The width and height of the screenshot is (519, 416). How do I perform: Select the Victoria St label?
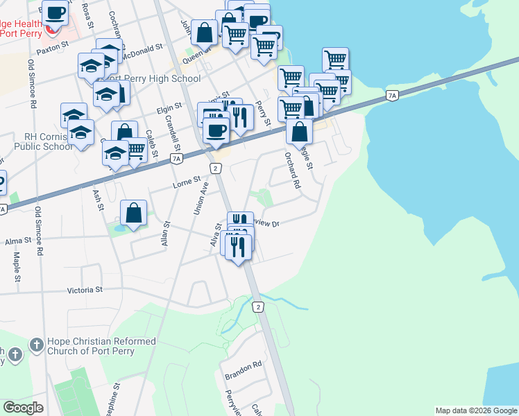pos(84,290)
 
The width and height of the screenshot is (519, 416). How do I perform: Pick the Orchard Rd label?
pos(291,171)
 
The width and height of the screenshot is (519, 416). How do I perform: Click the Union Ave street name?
pos(200,198)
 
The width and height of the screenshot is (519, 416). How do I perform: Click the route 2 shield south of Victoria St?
pos(258,306)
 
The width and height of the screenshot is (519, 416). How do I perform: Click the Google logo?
pos(23,407)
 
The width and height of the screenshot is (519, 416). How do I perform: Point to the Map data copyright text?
pos(475,410)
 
